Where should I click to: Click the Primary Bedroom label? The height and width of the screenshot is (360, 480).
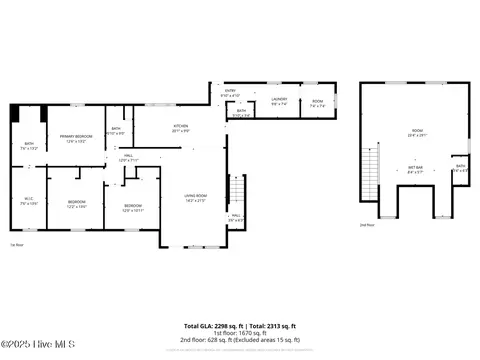coord(76,137)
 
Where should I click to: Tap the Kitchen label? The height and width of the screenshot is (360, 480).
coord(181,128)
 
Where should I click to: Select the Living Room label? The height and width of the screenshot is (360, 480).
coord(194,197)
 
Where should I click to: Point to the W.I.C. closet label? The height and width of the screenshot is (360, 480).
coord(29,200)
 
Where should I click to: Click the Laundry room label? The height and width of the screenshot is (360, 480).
coord(280,100)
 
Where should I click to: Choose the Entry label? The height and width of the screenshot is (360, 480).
coord(229,93)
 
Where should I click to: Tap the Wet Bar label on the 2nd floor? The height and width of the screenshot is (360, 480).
coord(415,170)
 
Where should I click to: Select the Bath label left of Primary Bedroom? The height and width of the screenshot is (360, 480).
coord(29,146)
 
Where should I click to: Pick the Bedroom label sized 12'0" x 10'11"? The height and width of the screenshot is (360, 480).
coord(134,209)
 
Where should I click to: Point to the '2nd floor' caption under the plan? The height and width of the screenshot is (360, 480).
coord(366,225)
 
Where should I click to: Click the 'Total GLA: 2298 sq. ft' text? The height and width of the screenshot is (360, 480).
coord(214,326)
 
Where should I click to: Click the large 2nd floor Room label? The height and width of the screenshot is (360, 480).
coord(415,134)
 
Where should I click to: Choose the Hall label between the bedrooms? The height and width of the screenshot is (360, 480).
coord(128,157)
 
